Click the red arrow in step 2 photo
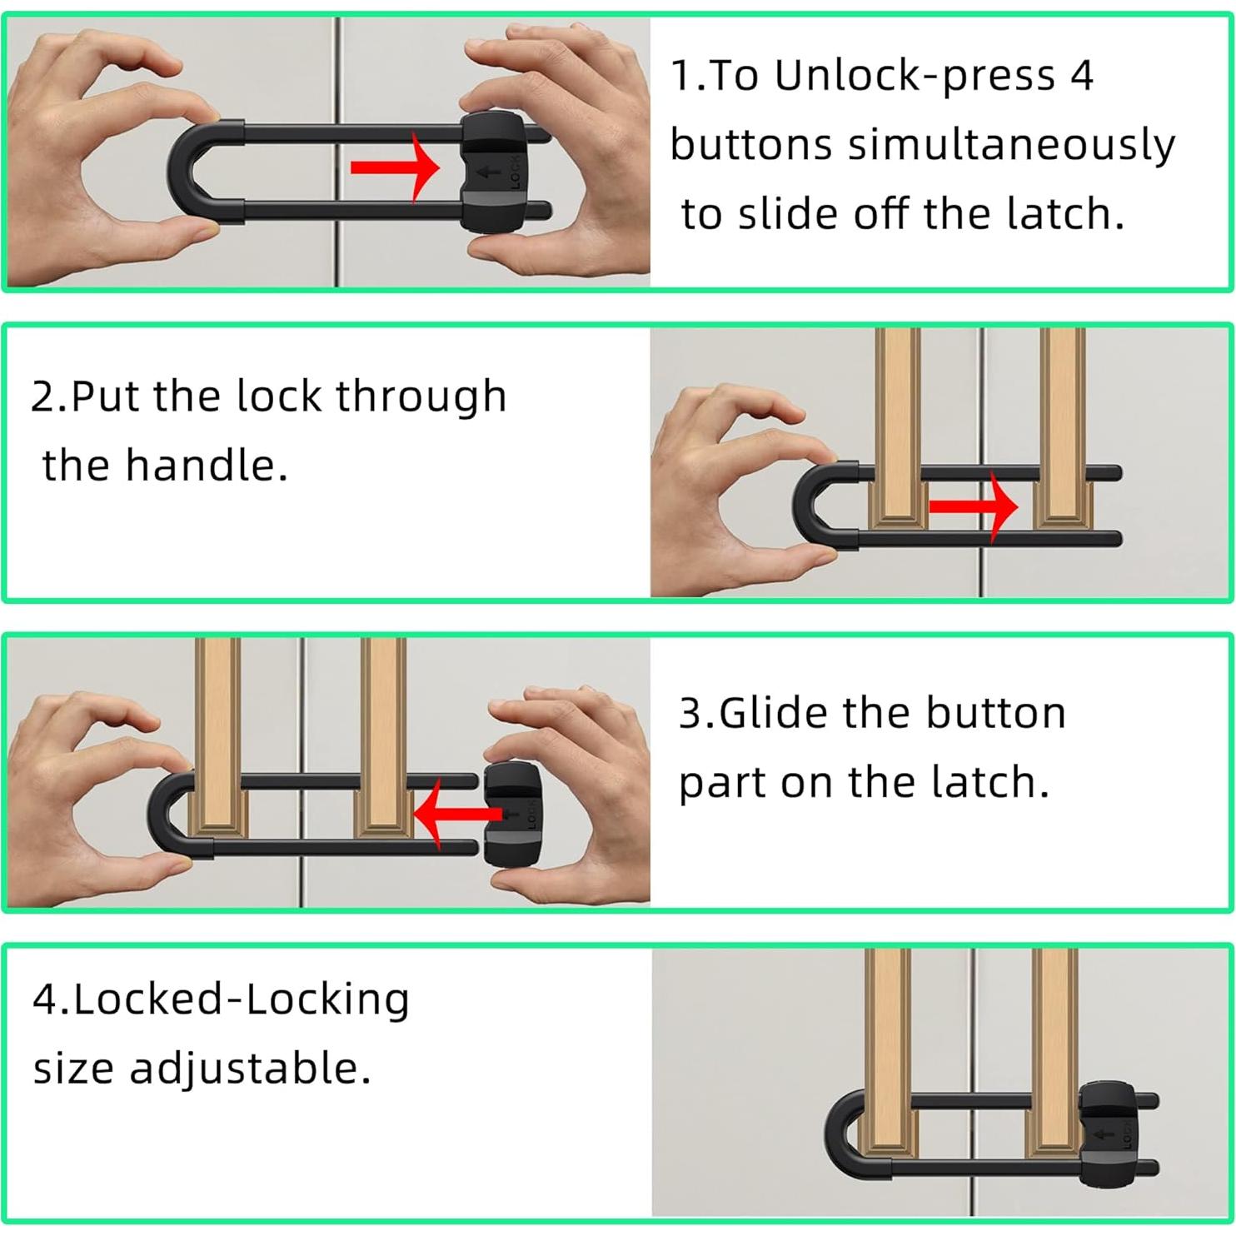(x=973, y=506)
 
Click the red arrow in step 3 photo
(x=458, y=815)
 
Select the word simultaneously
(x=1012, y=145)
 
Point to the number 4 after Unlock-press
(x=1081, y=76)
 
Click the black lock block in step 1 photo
(x=493, y=176)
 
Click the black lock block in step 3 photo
(x=513, y=815)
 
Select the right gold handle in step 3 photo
(x=384, y=736)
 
